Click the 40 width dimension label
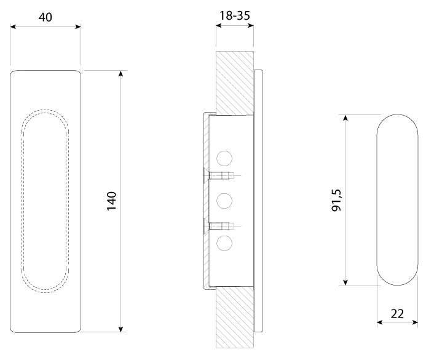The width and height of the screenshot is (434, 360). (45, 17)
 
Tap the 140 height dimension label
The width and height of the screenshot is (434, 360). (111, 201)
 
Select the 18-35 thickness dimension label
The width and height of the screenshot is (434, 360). (234, 15)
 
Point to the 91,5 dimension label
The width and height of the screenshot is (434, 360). (337, 200)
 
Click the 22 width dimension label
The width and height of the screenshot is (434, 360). (397, 314)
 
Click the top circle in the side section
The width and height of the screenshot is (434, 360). (224, 159)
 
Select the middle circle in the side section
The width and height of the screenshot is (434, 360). (224, 201)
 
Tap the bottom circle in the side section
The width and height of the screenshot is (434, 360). (224, 244)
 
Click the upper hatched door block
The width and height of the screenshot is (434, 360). (235, 83)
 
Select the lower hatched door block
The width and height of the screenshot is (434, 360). (235, 318)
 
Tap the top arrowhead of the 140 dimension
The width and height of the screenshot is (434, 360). (120, 73)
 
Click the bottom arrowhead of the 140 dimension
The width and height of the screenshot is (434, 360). (120, 329)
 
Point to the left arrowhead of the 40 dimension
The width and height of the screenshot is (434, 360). (13, 26)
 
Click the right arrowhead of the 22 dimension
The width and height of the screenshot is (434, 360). (415, 322)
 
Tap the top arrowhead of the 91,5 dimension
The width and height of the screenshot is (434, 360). (345, 117)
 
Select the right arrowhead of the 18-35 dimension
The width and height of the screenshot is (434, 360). (251, 25)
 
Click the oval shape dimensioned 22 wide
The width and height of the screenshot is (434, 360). (397, 199)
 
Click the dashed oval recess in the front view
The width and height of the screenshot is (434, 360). (45, 201)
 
